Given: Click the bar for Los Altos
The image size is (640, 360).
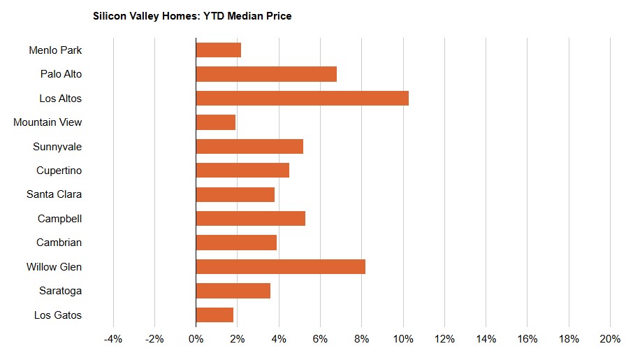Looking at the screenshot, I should [x=302, y=98].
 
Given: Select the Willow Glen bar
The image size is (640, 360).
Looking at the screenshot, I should [x=280, y=266].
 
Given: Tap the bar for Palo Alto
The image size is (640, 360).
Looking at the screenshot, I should [x=266, y=74].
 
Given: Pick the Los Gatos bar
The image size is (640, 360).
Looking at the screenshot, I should [x=214, y=315].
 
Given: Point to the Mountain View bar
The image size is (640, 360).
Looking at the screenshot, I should [x=216, y=122].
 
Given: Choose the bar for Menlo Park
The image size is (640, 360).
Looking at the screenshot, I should [x=219, y=50].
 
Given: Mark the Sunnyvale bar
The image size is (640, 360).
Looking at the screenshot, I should [x=249, y=146].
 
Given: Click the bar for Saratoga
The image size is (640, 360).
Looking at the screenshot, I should [x=233, y=291].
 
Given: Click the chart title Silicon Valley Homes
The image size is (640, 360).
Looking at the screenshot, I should [x=192, y=16].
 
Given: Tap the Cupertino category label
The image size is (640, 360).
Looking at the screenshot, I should [x=59, y=171].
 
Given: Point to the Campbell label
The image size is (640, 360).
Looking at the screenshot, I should [x=60, y=219].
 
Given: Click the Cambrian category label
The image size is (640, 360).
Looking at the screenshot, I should [x=59, y=243].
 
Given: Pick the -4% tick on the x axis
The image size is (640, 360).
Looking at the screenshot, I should [x=113, y=339].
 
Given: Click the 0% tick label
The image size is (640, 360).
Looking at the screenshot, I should [x=196, y=339].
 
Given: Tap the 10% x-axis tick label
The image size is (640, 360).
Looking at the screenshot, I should [x=403, y=339].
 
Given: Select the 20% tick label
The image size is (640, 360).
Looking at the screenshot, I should [x=610, y=339].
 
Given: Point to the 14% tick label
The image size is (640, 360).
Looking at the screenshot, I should [x=486, y=339].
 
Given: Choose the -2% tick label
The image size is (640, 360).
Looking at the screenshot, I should [x=154, y=339].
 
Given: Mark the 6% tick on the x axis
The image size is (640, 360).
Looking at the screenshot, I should [x=320, y=339].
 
